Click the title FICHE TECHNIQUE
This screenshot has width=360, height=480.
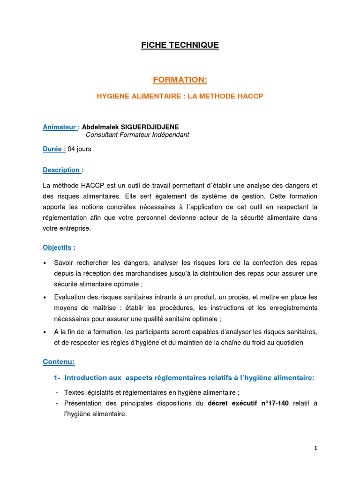pos(180,45)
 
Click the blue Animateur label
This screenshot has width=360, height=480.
pos(60,127)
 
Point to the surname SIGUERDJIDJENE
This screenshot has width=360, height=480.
pos(150,127)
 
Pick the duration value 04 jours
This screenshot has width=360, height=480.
pos(80,149)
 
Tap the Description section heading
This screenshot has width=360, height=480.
pos(61,170)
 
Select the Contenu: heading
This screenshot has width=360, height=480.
pos(59,362)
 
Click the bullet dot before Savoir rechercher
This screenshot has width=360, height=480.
pos(45,263)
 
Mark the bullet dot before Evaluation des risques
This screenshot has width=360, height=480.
pos(45,298)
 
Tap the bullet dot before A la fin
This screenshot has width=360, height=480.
pos(45,332)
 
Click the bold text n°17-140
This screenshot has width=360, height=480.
pos(271,404)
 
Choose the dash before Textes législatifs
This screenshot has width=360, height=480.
pos(57,393)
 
